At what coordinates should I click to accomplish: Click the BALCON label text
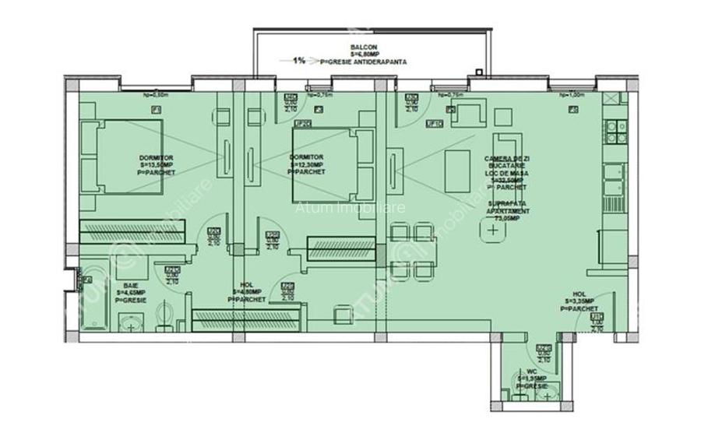(x=364, y=48)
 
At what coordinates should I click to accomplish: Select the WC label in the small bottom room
(x=532, y=371)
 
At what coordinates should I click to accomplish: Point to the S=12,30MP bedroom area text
(x=307, y=164)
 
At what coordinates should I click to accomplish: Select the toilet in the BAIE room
(x=160, y=315)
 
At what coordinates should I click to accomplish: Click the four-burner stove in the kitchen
(x=616, y=131)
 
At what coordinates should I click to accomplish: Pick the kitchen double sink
(x=615, y=181)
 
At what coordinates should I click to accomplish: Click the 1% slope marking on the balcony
(x=299, y=59)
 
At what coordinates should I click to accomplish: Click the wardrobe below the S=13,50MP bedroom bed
(x=132, y=231)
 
